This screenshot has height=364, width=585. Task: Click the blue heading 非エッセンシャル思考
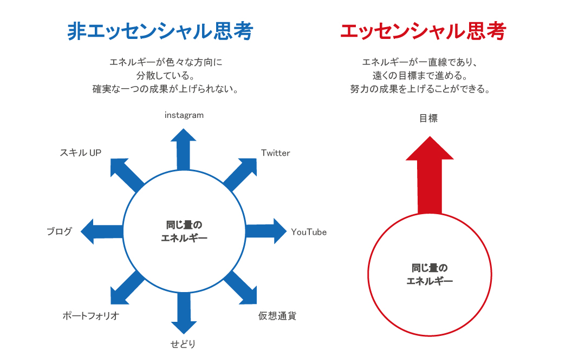160,31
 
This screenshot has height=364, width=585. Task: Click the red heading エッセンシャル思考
422,31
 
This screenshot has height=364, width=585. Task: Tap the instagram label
184,115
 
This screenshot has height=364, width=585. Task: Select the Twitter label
276,153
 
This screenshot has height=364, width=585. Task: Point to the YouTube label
309,232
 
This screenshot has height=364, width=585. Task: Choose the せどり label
183,344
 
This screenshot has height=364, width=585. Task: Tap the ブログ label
59,232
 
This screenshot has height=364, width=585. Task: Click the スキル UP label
81,153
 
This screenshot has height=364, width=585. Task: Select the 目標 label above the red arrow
428,118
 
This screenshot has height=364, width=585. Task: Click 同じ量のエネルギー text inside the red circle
430,274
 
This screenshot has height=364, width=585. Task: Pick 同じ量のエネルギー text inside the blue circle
184,231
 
